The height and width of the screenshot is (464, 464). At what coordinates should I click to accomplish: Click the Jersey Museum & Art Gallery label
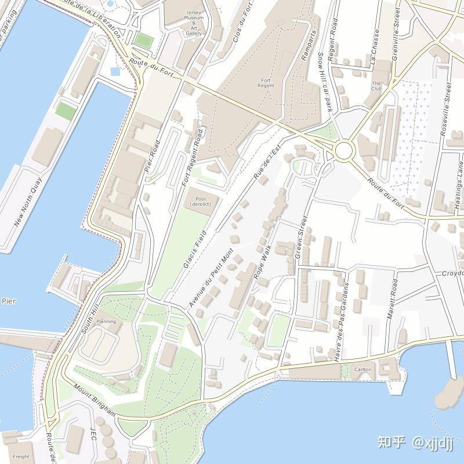pyautogui.click(x=194, y=23)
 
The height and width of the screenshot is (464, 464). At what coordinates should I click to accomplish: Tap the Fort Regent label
pyautogui.click(x=266, y=82)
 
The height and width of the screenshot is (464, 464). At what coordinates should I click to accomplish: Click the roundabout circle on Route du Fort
pyautogui.click(x=344, y=151)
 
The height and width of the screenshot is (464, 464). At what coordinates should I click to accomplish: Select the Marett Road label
pyautogui.click(x=392, y=300)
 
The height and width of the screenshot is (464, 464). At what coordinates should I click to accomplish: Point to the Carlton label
pyautogui.click(x=363, y=369)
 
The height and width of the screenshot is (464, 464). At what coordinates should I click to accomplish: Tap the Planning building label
pyautogui.click(x=106, y=321)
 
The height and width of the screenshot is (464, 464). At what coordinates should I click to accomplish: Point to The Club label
pyautogui.click(x=376, y=86)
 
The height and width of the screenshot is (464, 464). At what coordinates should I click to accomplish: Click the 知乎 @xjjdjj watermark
pyautogui.click(x=415, y=442)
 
